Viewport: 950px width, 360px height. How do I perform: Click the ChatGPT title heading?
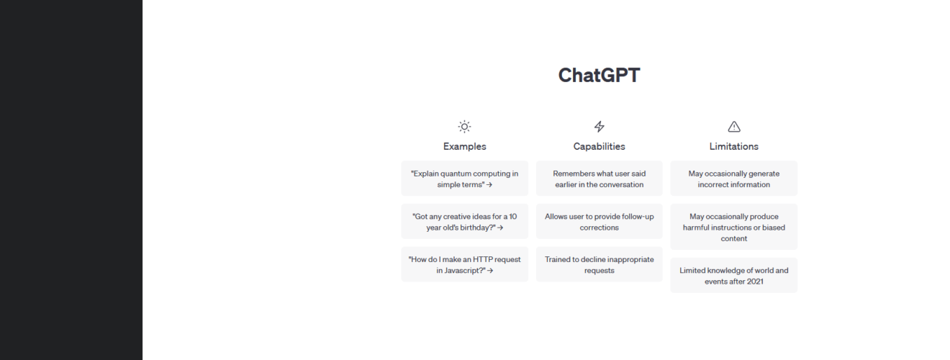599,76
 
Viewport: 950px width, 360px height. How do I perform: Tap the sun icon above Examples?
464,127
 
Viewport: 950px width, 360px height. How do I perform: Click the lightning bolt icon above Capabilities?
600,127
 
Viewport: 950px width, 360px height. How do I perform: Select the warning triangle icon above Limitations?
734,127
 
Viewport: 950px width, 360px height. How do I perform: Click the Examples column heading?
464,146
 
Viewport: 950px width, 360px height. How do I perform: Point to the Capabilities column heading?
600,146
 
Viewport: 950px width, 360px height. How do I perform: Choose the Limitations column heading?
733,146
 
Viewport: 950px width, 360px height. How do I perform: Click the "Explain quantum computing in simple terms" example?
465,179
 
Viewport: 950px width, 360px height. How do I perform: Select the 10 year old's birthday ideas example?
465,222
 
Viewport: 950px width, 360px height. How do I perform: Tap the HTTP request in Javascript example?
465,264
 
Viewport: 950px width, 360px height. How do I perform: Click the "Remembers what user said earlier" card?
600,179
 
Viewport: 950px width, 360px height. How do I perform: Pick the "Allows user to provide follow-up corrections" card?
600,222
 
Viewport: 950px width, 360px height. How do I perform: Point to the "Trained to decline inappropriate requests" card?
600,264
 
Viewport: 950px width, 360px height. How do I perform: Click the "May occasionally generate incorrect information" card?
733,179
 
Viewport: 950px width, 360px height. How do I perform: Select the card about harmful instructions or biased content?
733,227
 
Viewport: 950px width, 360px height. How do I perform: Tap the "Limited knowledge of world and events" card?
733,276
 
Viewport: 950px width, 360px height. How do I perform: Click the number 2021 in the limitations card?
754,282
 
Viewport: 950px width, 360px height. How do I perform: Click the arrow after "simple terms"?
489,184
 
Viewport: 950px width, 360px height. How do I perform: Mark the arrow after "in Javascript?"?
490,271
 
